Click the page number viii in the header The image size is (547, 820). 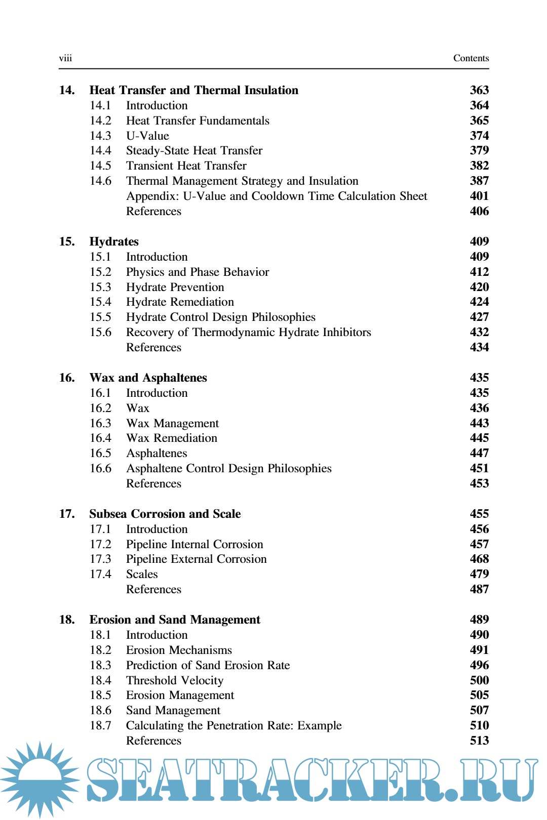tap(65, 58)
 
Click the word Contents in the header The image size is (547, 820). tap(471, 58)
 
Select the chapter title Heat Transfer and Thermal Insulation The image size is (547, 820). tap(193, 90)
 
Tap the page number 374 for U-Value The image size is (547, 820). tap(479, 136)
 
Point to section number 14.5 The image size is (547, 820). tap(100, 166)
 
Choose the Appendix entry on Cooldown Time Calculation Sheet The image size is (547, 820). tap(277, 196)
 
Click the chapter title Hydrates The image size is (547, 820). tap(114, 241)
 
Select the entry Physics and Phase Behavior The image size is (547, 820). tap(198, 272)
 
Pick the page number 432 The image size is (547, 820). tap(479, 333)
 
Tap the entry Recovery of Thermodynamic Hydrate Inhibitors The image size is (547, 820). tap(248, 333)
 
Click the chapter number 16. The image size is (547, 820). tap(66, 378)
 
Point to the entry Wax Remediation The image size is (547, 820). tap(172, 438)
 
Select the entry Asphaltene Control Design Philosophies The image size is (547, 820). tap(229, 469)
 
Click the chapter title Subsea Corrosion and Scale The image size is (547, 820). tap(165, 514)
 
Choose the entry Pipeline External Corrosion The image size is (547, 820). tap(196, 559)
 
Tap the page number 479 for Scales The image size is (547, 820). tap(479, 574)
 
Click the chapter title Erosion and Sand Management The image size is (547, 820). tap(175, 620)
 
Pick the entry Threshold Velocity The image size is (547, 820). tap(175, 680)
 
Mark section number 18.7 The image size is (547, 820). tap(100, 726)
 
